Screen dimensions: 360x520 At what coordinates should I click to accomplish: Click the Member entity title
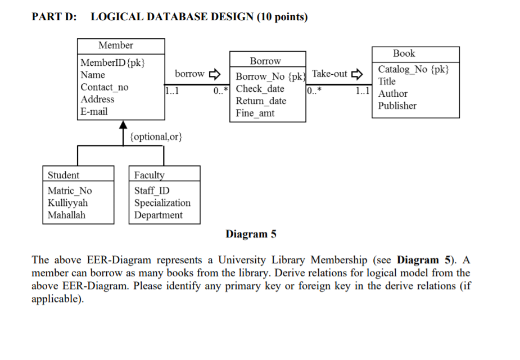116,46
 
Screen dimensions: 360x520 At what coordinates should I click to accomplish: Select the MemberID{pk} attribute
113,62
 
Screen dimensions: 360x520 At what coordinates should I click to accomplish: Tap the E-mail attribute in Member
94,111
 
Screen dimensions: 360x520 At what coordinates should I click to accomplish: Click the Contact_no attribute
104,87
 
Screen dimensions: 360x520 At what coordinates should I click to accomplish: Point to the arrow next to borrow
215,74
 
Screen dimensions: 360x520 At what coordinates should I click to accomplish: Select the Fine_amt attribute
255,113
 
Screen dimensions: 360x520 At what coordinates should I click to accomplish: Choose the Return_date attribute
261,101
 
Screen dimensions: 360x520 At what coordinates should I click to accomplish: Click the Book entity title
404,53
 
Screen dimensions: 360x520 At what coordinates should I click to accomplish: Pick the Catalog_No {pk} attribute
413,69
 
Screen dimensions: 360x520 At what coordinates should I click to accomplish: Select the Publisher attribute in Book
397,106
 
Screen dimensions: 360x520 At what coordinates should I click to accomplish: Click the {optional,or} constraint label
156,137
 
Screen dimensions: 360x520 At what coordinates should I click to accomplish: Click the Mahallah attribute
66,215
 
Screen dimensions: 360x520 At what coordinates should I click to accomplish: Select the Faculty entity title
149,175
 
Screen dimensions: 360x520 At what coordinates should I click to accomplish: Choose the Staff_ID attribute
152,191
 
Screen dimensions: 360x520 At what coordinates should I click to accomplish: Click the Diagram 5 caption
251,234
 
